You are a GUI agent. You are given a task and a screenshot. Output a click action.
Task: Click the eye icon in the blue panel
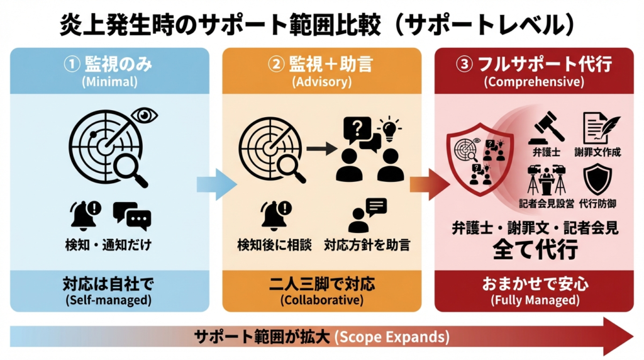(145, 115)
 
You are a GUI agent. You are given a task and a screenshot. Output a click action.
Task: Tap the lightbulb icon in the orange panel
(389, 128)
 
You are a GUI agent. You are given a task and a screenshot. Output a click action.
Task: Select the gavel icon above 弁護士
(545, 127)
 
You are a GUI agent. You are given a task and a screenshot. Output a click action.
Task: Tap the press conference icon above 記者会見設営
(545, 179)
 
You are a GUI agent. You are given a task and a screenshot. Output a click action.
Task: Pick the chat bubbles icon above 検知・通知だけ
(132, 216)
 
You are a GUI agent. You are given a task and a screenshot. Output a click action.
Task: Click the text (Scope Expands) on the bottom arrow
(391, 337)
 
